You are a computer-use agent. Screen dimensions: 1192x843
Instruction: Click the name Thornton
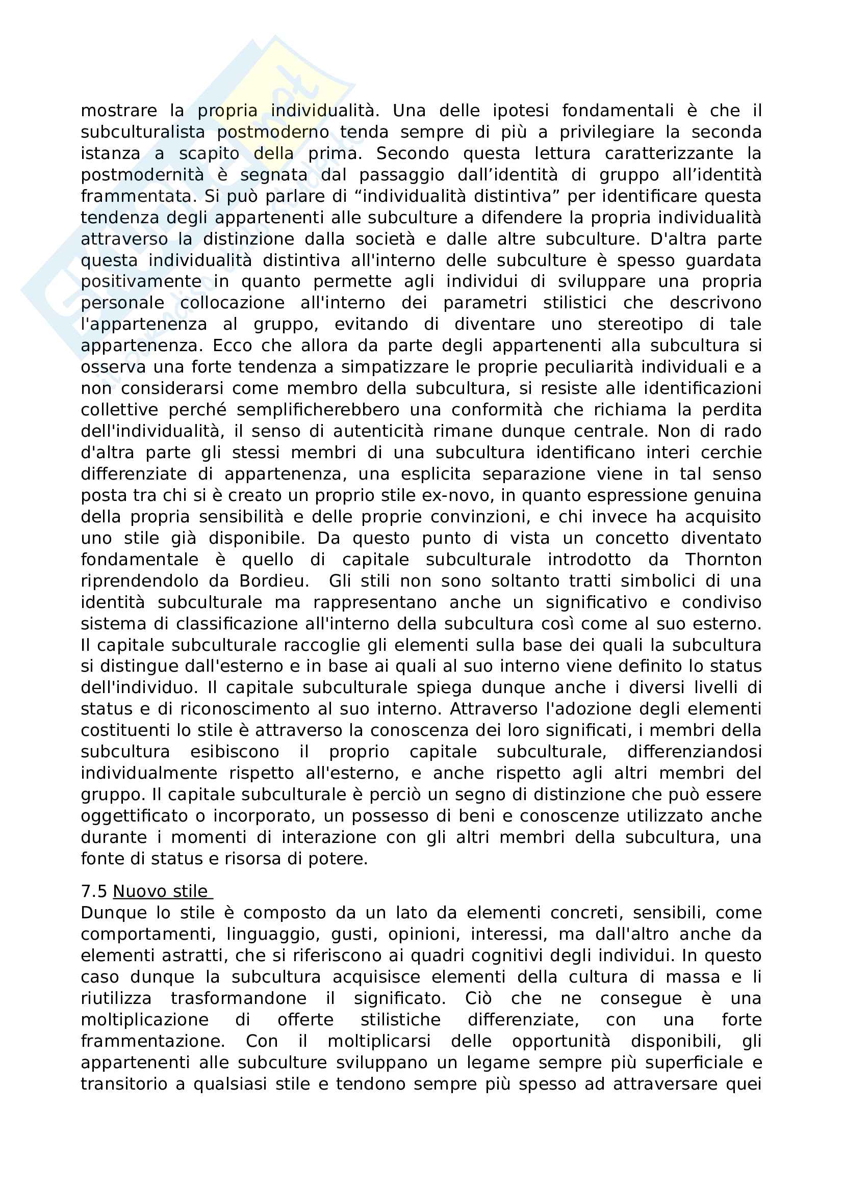[x=723, y=560]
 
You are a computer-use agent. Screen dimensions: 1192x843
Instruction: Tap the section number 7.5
[x=94, y=891]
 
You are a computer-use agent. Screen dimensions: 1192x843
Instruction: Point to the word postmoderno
[x=273, y=133]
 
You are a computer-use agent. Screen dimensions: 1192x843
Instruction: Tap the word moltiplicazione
[x=144, y=1020]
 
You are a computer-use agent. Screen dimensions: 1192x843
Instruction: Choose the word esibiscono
[x=234, y=752]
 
